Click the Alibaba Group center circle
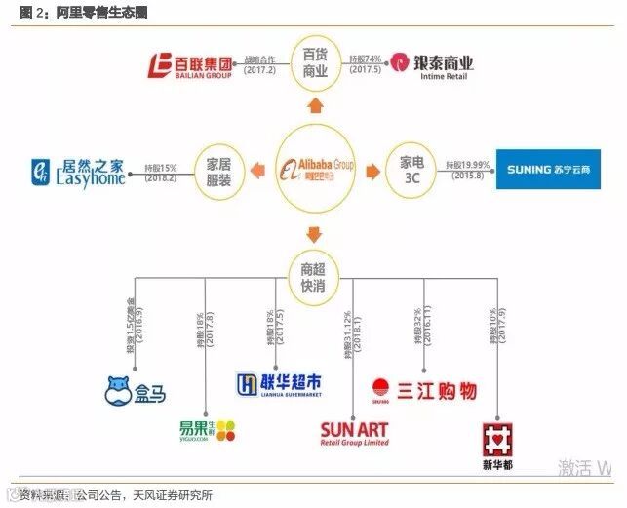click(x=314, y=168)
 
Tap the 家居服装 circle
click(x=218, y=168)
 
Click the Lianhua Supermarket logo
click(x=279, y=383)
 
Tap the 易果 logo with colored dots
click(x=206, y=430)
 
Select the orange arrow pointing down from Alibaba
click(x=314, y=232)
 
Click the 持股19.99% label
click(x=468, y=163)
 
